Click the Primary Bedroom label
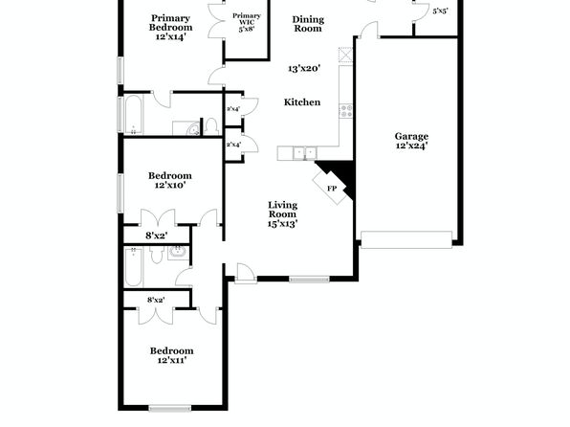[x=170, y=23]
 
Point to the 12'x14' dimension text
[x=171, y=36]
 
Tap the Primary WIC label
[x=247, y=19]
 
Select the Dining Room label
[x=308, y=24]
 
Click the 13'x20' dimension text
[x=304, y=68]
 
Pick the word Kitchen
[x=302, y=102]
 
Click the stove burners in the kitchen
[x=345, y=111]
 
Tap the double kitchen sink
[x=305, y=153]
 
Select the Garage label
[x=411, y=137]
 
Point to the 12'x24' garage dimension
[x=411, y=146]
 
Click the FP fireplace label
[x=332, y=189]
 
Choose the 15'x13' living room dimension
[x=282, y=224]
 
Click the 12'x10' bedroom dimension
[x=170, y=185]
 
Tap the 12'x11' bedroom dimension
[x=172, y=360]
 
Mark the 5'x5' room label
[x=440, y=11]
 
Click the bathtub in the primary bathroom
[x=133, y=114]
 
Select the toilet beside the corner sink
[x=210, y=126]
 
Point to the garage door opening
[x=406, y=240]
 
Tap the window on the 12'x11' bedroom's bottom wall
[x=170, y=409]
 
